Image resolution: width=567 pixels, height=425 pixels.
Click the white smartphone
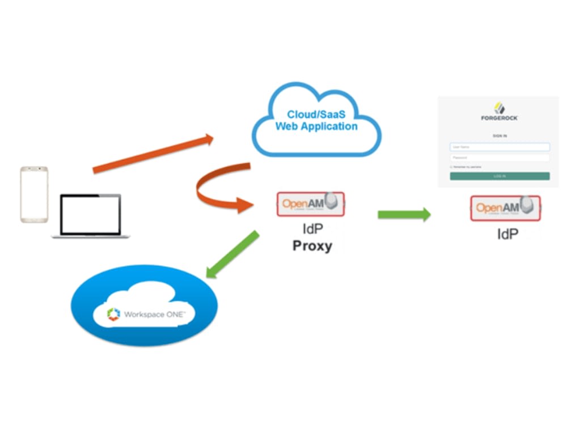pyautogui.click(x=34, y=194)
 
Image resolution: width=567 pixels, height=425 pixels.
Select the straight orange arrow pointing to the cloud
pyautogui.click(x=153, y=154)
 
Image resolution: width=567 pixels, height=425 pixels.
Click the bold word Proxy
pyautogui.click(x=312, y=246)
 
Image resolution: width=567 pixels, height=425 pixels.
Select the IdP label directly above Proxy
pyautogui.click(x=312, y=229)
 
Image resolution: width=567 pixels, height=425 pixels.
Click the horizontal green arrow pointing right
pyautogui.click(x=404, y=214)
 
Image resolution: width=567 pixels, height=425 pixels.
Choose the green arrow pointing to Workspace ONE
pyautogui.click(x=232, y=255)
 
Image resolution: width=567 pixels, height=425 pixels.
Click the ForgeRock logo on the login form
pyautogui.click(x=499, y=112)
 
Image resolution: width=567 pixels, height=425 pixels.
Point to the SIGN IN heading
pyautogui.click(x=500, y=136)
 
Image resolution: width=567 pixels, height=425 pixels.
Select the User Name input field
pyautogui.click(x=500, y=147)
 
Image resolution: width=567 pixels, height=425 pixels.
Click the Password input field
pyautogui.click(x=500, y=158)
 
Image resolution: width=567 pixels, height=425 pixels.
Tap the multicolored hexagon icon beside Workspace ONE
pyautogui.click(x=114, y=314)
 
